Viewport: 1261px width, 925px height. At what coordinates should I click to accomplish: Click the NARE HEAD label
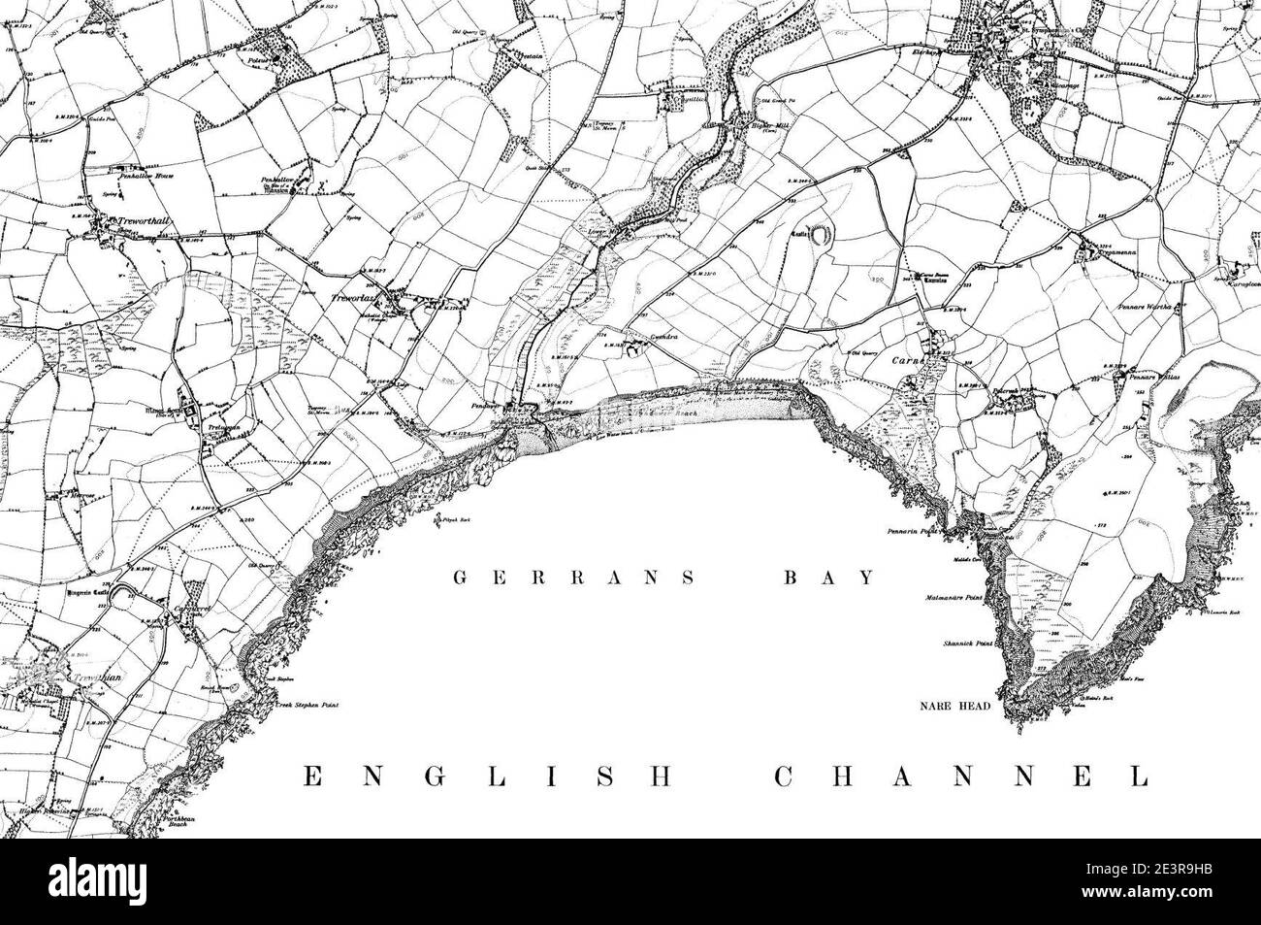tap(955, 706)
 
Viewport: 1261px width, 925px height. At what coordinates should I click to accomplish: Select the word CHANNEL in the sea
tap(960, 776)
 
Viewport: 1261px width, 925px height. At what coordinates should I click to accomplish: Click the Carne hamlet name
tap(905, 358)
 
